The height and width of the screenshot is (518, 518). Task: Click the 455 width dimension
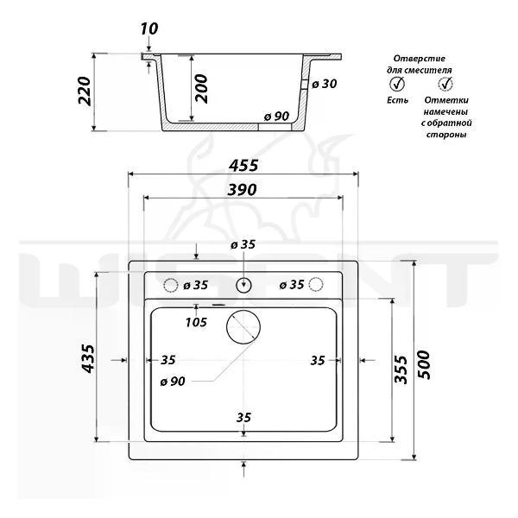tap(243, 166)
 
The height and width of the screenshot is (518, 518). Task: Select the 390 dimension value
tap(242, 190)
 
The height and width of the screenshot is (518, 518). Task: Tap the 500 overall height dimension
tap(425, 364)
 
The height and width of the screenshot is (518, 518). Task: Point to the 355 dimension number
tap(401, 370)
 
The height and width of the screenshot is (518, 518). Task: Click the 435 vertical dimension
tap(88, 359)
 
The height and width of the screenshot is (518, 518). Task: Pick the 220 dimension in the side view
tap(85, 92)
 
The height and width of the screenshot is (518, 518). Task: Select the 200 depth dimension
tap(201, 89)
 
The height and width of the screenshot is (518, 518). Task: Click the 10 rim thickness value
tap(149, 29)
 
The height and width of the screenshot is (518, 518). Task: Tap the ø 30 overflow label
tap(325, 84)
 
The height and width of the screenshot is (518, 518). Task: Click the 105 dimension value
tap(196, 322)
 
